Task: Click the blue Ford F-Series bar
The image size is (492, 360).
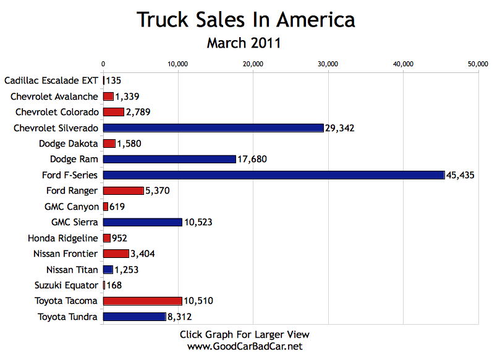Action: click(x=274, y=175)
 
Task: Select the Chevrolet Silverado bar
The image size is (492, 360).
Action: click(x=213, y=128)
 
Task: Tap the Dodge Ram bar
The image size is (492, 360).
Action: click(x=169, y=159)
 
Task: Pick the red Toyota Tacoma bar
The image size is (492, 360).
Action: click(x=142, y=301)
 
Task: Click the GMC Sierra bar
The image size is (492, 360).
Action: click(x=142, y=222)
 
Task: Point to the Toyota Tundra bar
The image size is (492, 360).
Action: click(x=134, y=317)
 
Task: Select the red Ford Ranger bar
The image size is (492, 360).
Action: click(x=123, y=191)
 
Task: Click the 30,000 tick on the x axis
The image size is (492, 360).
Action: click(x=328, y=63)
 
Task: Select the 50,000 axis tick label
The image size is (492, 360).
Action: click(x=478, y=63)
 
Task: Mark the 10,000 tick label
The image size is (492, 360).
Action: click(x=178, y=63)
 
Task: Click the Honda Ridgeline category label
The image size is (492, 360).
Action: click(x=62, y=238)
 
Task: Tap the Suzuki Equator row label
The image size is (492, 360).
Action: click(x=66, y=285)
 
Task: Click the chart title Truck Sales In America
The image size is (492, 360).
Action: click(x=245, y=20)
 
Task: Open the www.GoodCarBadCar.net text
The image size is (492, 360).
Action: click(x=245, y=346)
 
